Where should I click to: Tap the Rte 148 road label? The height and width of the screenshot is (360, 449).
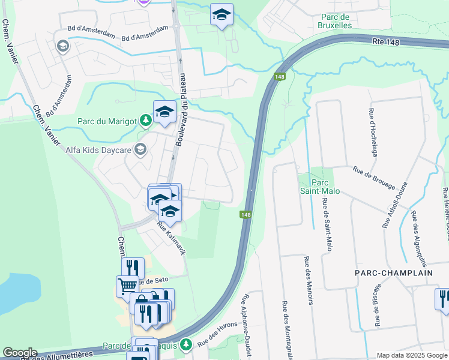coord(386,41)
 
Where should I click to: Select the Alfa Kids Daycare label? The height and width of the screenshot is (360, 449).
coord(98,149)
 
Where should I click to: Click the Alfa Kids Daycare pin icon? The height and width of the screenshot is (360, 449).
coord(140,149)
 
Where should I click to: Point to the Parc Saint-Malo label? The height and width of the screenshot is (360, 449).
coord(319,186)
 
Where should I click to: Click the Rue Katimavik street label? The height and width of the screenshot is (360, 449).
coord(172,239)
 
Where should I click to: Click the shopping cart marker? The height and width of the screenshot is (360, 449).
coord(127,286)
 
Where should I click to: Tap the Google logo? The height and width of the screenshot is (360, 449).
coord(20,353)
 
